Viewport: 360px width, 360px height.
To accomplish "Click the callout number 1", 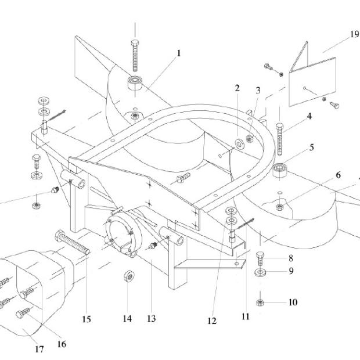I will [179, 53].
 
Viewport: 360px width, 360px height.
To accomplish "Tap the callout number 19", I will [354, 34].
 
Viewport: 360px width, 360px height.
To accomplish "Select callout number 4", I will [309, 116].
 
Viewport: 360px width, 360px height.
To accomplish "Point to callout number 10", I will [293, 303].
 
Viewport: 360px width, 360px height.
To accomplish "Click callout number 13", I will [152, 318].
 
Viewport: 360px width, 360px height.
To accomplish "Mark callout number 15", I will [87, 318].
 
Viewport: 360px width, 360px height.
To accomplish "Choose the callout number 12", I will [211, 321].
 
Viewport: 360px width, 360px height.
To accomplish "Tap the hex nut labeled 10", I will [261, 302].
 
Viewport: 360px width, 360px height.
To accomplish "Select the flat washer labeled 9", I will [261, 271].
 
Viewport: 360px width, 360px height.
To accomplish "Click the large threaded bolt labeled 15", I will [72, 243].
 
